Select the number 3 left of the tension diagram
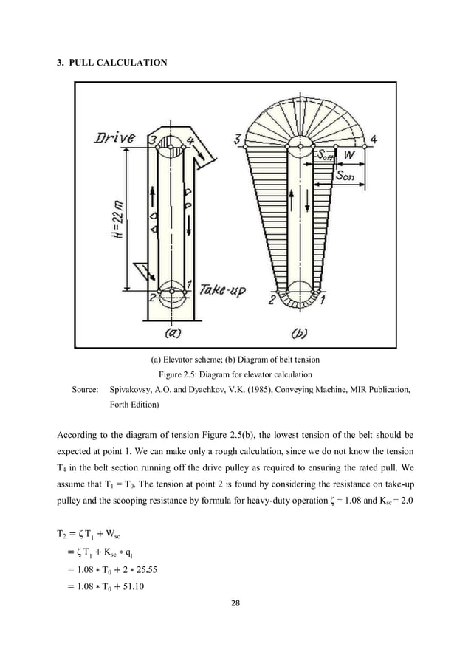click(236, 140)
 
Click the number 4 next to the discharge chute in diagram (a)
click(191, 139)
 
